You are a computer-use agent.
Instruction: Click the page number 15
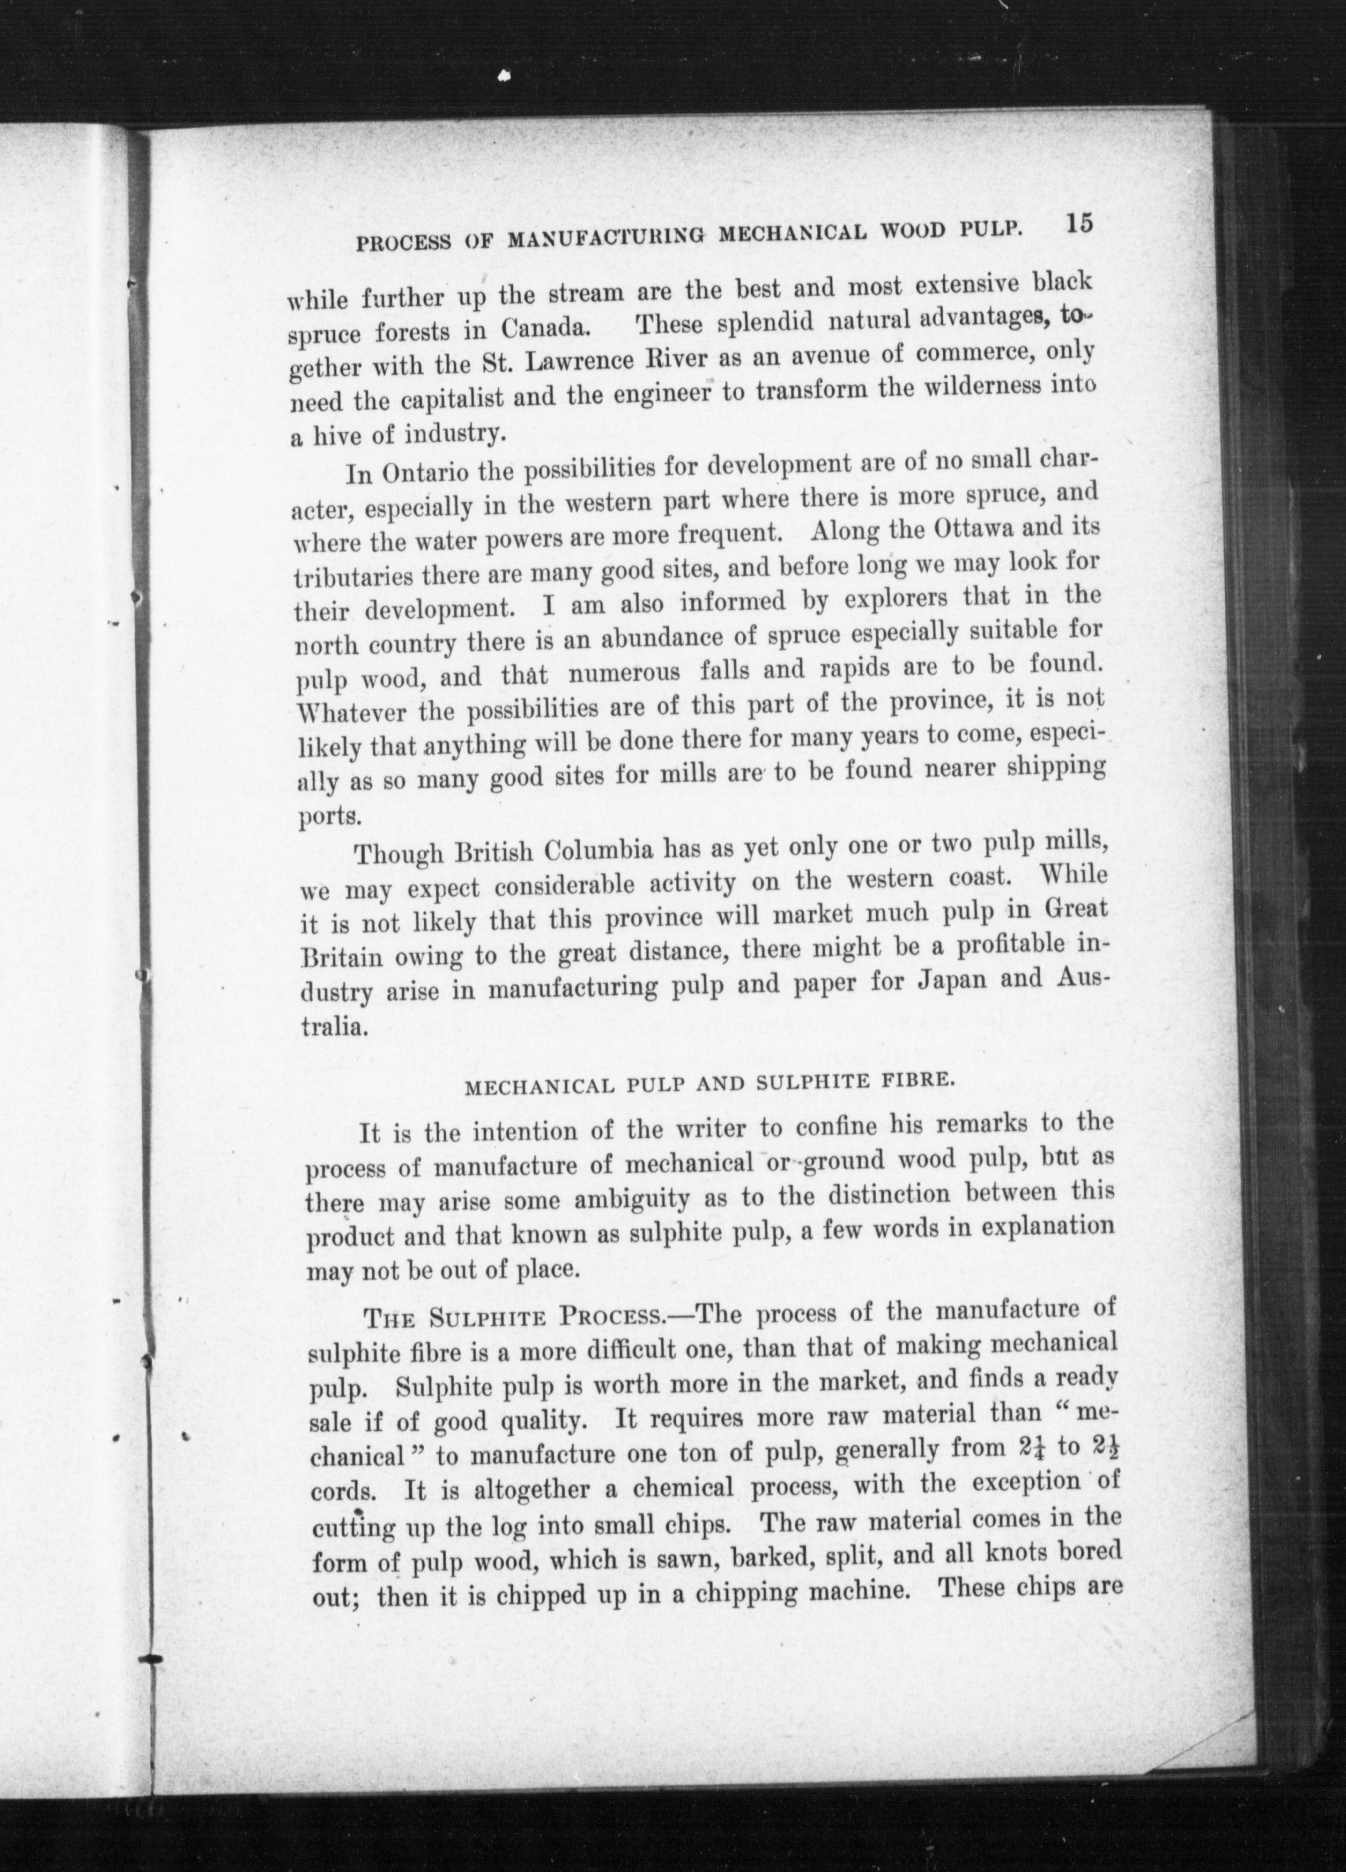(1079, 225)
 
